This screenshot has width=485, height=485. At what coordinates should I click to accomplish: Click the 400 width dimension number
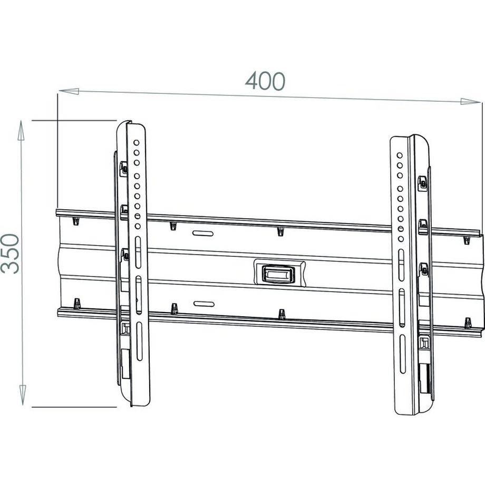[265, 81]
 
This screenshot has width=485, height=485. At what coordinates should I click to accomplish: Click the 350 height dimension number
[11, 254]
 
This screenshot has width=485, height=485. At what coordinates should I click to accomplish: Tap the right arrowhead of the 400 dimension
[470, 101]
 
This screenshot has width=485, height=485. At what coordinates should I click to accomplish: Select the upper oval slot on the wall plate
[203, 233]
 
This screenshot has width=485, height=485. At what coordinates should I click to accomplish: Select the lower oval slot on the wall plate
[203, 304]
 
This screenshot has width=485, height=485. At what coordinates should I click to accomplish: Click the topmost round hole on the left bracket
[137, 142]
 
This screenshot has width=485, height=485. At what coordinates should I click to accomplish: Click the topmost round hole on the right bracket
[400, 156]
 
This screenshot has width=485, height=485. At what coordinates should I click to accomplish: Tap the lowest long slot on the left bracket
[139, 341]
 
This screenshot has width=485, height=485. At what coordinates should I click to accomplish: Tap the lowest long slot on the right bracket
[402, 354]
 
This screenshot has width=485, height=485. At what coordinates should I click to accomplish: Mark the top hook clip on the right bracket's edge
[423, 183]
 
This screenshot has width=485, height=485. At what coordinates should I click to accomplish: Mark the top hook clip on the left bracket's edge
[124, 168]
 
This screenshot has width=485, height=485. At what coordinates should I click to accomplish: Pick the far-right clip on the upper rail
[467, 240]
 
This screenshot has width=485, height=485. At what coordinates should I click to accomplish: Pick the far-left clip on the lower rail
[77, 304]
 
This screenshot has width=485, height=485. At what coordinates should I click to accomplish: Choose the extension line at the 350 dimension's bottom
[74, 407]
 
